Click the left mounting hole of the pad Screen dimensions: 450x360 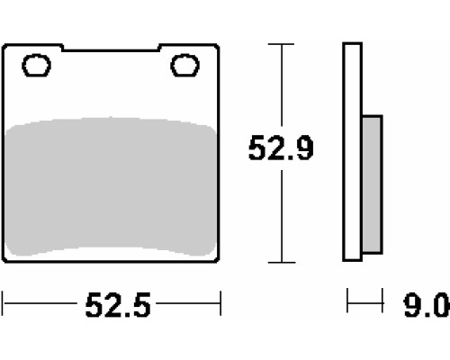click(x=37, y=65)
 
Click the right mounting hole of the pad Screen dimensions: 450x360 click(x=184, y=65)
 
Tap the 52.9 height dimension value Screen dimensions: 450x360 click(x=281, y=148)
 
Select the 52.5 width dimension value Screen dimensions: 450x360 click(x=118, y=305)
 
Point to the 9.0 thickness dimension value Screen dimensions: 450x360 click(x=427, y=305)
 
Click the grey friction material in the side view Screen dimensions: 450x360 click(x=373, y=184)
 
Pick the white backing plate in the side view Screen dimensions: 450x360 click(x=353, y=152)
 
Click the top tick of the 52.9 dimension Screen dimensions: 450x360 click(x=281, y=44)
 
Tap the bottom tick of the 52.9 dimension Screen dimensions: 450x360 click(x=282, y=263)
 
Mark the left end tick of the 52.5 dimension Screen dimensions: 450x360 click(x=3, y=303)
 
